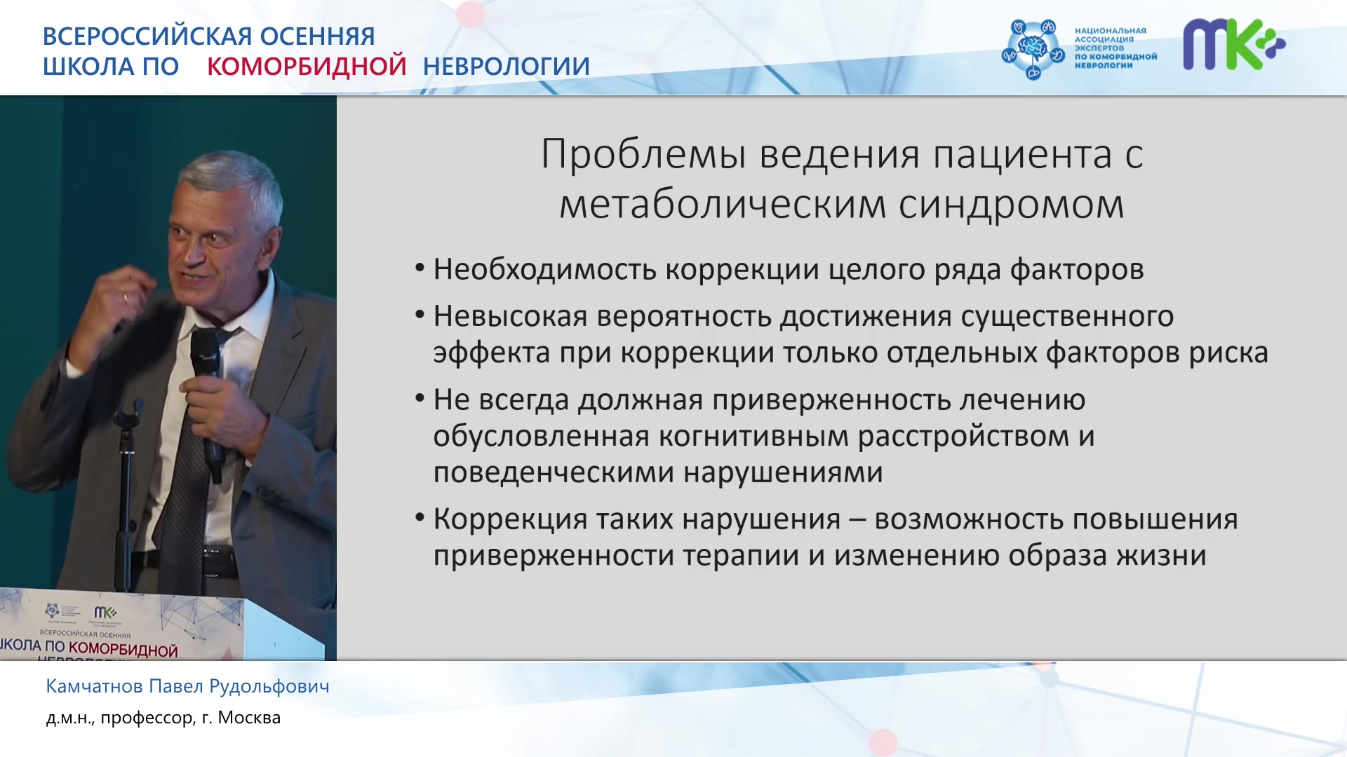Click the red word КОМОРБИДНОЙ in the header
(x=307, y=66)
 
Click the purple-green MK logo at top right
(x=1234, y=44)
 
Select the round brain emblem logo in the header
(x=1033, y=49)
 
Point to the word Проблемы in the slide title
(x=643, y=154)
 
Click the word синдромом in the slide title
(x=1011, y=205)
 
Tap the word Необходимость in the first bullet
(x=544, y=269)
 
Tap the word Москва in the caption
(x=249, y=718)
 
